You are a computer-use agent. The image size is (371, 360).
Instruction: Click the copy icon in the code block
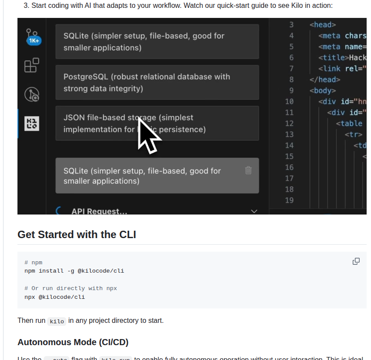pyautogui.click(x=356, y=261)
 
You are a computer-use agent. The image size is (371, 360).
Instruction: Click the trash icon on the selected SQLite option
pyautogui.click(x=248, y=170)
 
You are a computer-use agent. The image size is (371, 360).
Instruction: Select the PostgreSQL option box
pyautogui.click(x=157, y=83)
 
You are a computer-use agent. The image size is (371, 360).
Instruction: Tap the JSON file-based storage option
pyautogui.click(x=157, y=123)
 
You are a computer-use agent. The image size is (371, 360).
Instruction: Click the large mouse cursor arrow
pyautogui.click(x=148, y=136)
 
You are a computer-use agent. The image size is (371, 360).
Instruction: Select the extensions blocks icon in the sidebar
pyautogui.click(x=31, y=66)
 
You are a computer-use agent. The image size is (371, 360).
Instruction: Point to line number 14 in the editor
pyautogui.click(x=289, y=145)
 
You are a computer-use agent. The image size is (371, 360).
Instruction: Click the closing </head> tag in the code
pyautogui.click(x=324, y=80)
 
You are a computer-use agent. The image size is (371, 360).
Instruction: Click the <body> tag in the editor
pyautogui.click(x=323, y=90)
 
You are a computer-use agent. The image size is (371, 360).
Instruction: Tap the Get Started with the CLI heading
pyautogui.click(x=77, y=235)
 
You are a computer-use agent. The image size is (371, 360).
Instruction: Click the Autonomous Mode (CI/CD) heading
pyautogui.click(x=73, y=342)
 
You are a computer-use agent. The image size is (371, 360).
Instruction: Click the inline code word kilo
pyautogui.click(x=57, y=321)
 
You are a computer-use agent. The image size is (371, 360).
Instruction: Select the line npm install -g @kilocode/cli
pyautogui.click(x=74, y=271)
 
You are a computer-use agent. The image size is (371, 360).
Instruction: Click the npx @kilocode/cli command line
pyautogui.click(x=55, y=297)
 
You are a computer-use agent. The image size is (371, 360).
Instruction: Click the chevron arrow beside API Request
pyautogui.click(x=254, y=211)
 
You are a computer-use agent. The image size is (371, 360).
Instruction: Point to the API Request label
pyautogui.click(x=99, y=211)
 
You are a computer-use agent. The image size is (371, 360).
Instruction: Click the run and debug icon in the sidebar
pyautogui.click(x=32, y=94)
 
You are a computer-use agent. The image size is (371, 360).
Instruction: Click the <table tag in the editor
pyautogui.click(x=349, y=124)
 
